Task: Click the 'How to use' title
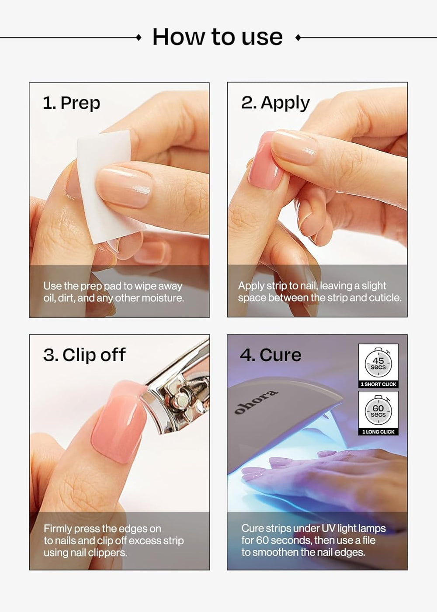click(x=217, y=37)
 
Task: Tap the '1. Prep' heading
click(x=72, y=103)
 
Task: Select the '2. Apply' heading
click(x=275, y=103)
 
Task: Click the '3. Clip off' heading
click(x=84, y=355)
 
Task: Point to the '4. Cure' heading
click(x=271, y=355)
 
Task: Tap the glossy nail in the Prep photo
click(x=125, y=186)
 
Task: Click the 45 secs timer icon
click(x=378, y=363)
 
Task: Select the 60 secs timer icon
click(x=378, y=411)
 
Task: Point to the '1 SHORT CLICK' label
click(x=378, y=384)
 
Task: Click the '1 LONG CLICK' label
click(x=378, y=432)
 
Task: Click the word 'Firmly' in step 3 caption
click(x=58, y=529)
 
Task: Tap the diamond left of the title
click(x=139, y=38)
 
